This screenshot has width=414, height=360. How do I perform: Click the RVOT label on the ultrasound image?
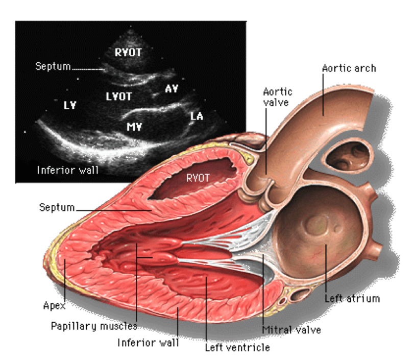pos(128,52)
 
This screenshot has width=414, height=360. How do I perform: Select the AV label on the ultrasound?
pos(172,88)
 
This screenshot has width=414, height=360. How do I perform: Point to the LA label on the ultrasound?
pos(197,116)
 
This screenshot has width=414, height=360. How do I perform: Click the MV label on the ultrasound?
pos(134,125)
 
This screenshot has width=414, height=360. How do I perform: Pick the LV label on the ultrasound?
pos(70,106)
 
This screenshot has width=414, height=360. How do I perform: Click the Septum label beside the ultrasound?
pos(53,66)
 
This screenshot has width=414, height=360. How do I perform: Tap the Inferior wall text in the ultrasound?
pos(67,170)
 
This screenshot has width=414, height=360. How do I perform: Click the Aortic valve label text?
pos(277,97)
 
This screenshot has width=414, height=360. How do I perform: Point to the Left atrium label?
pos(352,298)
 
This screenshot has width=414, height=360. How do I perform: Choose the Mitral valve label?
pos(291,330)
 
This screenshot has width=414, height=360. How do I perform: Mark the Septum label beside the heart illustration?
pos(57,208)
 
